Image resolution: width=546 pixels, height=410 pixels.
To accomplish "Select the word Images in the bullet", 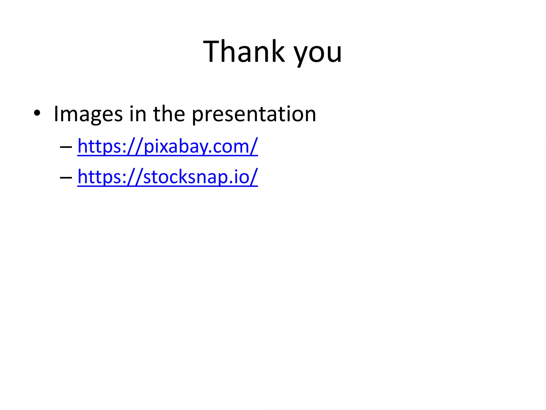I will click(x=88, y=114).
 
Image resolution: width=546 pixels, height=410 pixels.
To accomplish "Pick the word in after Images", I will click(x=138, y=114).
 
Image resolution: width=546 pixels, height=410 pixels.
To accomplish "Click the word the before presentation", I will click(x=169, y=114).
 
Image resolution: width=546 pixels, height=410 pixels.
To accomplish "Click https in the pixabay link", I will click(x=100, y=147).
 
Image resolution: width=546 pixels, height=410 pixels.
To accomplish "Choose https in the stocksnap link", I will click(x=100, y=177).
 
